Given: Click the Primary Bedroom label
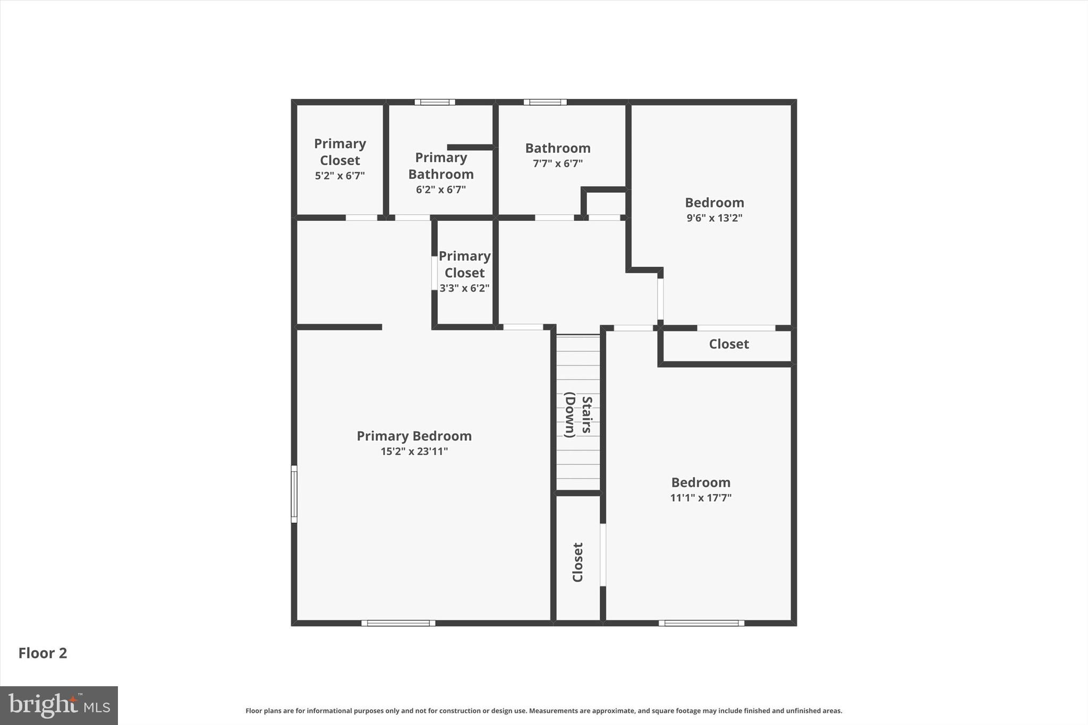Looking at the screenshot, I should click(414, 436).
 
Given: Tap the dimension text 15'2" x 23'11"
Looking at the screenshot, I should click(414, 451).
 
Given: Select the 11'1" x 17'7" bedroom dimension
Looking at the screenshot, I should click(701, 498).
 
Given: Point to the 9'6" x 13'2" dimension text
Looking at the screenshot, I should click(714, 218).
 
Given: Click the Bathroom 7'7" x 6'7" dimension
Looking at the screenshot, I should click(557, 164).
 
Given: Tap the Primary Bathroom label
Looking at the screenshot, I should click(441, 166).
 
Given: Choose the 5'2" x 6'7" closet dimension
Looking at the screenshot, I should click(339, 176).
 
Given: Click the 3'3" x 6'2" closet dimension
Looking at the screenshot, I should click(464, 288).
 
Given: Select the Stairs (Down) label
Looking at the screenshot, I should click(578, 415).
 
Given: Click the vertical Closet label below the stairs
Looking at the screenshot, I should click(578, 562).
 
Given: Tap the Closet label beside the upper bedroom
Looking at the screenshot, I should click(729, 344).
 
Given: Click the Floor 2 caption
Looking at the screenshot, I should click(42, 653).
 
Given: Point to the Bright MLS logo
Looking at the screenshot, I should click(59, 705).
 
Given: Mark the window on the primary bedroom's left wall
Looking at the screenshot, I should click(294, 493).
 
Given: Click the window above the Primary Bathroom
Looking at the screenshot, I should click(435, 102).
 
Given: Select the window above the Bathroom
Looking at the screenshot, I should click(545, 102).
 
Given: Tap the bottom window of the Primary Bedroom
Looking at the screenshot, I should click(398, 623).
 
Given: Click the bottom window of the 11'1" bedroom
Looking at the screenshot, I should click(701, 623).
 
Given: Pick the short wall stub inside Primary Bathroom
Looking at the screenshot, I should click(471, 147).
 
